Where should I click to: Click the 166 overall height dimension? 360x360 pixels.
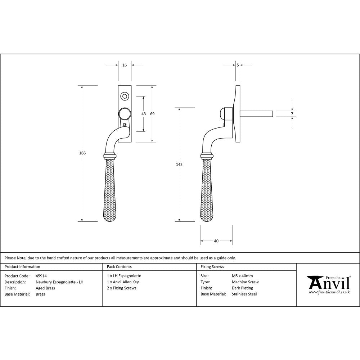[x=82, y=153]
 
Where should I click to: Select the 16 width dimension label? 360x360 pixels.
[x=125, y=65]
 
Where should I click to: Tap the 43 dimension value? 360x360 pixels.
[x=144, y=114]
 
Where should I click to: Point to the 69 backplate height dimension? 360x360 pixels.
[x=152, y=114]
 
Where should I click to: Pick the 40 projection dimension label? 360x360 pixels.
[x=216, y=241]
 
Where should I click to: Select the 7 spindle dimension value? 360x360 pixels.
[x=292, y=114]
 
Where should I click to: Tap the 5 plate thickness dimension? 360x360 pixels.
[x=238, y=65]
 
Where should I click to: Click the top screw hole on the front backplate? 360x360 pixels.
[x=125, y=96]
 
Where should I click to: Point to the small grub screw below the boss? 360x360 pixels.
[x=125, y=125]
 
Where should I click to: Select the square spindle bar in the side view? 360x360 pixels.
[x=256, y=114]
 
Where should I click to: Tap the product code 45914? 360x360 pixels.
[x=41, y=276]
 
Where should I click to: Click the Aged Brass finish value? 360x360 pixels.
[x=45, y=288]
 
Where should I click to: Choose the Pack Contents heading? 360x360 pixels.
[x=119, y=267]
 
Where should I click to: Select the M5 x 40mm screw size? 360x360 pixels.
[x=242, y=276]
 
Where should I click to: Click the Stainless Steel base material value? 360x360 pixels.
[x=244, y=294]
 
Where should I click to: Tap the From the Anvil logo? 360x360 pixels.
[x=329, y=284]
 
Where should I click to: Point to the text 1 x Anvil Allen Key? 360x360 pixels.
[x=123, y=282]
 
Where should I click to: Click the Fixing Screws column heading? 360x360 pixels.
[x=212, y=267]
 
